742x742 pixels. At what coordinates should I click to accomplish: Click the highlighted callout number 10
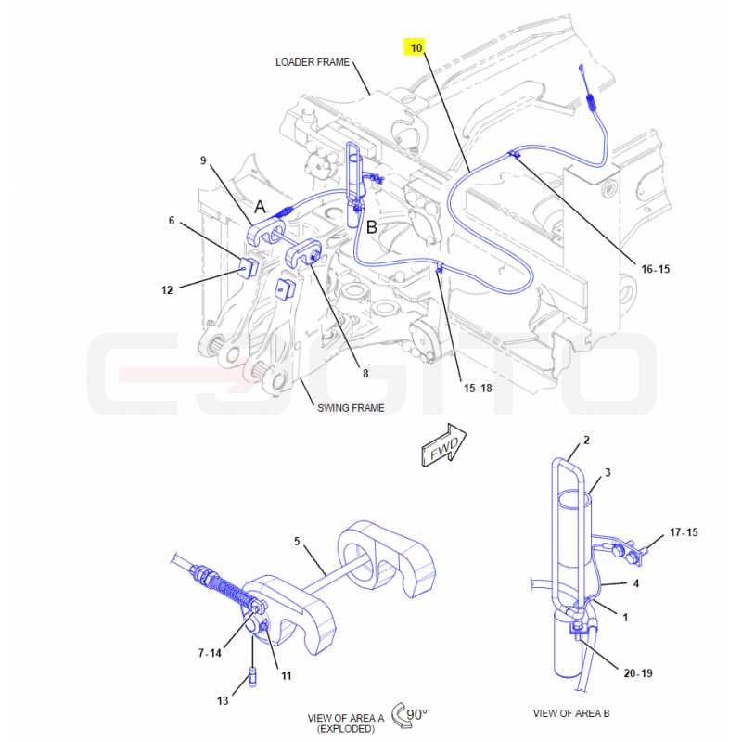click(416, 48)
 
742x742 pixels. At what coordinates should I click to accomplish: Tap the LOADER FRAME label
click(313, 62)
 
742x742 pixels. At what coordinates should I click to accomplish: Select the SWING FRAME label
click(351, 408)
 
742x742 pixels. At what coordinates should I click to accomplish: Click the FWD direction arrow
click(444, 445)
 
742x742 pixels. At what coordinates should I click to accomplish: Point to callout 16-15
click(656, 269)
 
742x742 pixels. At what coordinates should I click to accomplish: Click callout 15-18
click(478, 388)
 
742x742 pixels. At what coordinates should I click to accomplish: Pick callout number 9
click(203, 160)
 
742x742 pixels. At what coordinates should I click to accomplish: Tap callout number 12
click(167, 290)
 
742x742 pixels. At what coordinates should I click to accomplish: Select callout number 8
click(365, 374)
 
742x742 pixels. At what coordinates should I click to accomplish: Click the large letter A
click(261, 207)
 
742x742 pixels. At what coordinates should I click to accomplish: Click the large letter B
click(372, 227)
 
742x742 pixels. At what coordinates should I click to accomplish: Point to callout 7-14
click(210, 653)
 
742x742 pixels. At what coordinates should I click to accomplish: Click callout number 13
click(223, 701)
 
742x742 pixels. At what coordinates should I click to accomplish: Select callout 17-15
click(684, 532)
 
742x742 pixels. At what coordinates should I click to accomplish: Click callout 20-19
click(638, 673)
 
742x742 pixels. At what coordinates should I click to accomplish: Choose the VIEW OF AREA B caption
click(571, 713)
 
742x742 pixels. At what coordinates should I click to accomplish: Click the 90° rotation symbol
click(409, 714)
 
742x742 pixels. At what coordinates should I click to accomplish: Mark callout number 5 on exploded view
click(297, 541)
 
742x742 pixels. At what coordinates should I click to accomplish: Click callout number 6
click(172, 221)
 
